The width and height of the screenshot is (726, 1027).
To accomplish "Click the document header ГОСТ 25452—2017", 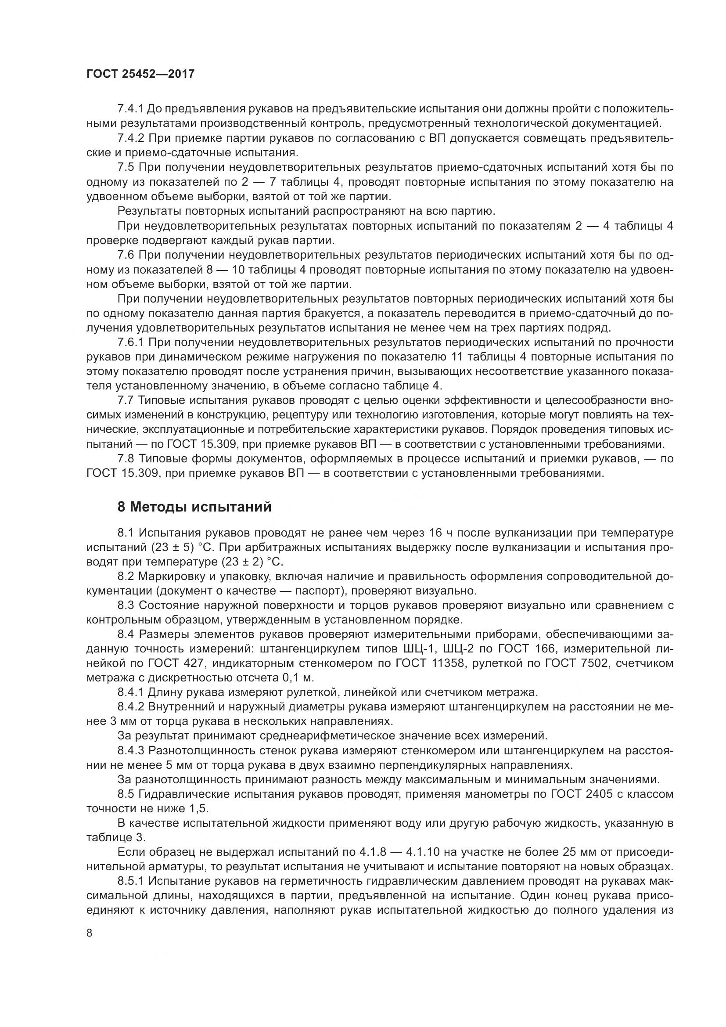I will (x=140, y=74).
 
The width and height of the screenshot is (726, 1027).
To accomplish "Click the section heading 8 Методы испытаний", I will (x=194, y=507).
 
